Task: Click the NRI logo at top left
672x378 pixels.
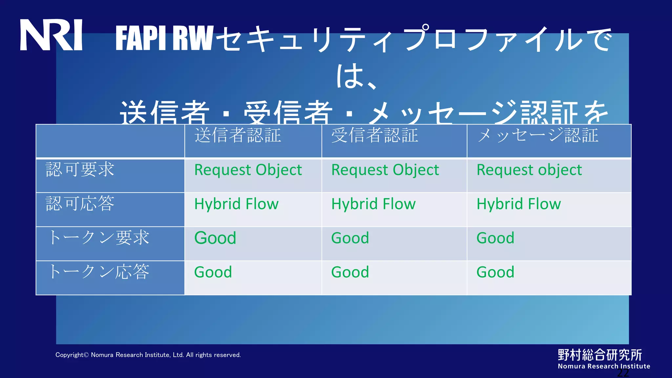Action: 51,35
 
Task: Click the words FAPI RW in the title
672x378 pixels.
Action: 164,39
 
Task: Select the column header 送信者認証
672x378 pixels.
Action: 238,136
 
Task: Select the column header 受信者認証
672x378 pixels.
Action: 374,136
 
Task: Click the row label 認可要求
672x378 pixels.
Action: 80,170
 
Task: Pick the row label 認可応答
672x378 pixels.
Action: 80,204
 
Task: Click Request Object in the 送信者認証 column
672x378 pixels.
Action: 248,170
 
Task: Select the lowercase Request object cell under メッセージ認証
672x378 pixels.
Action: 529,170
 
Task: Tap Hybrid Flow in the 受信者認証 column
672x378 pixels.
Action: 373,204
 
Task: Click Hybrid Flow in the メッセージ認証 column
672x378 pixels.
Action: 518,204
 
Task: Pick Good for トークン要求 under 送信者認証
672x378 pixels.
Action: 215,238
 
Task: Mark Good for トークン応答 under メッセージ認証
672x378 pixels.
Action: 495,272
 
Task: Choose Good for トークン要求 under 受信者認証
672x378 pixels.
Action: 350,238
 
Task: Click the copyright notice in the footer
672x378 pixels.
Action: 148,355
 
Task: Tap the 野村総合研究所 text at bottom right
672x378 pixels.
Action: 600,355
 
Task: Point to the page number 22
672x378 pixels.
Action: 623,373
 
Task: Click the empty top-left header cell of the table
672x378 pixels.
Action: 110,141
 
